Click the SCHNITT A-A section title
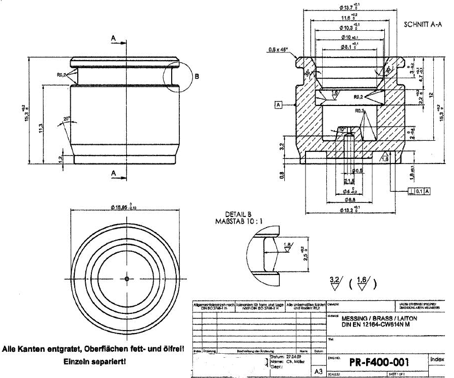pos(423,24)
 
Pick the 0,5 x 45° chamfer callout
pos(278,49)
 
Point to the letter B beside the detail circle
pos(197,77)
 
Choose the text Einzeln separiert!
pos(95,361)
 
